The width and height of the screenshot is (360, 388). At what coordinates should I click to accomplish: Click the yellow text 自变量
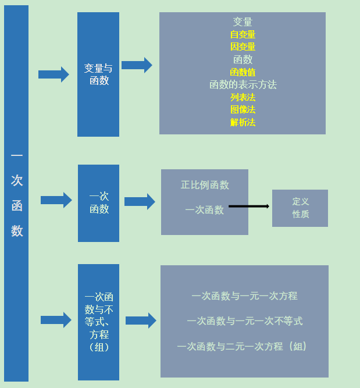click(x=243, y=34)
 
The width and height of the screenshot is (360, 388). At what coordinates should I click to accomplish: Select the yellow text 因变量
click(x=243, y=47)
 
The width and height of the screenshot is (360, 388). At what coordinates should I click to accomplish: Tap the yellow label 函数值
click(x=243, y=72)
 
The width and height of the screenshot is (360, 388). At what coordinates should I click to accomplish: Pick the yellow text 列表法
click(x=243, y=97)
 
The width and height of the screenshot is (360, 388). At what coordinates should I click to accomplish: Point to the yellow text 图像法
click(x=243, y=109)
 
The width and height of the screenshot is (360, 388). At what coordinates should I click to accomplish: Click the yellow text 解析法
click(x=243, y=122)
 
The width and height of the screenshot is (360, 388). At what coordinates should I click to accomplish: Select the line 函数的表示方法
click(x=243, y=84)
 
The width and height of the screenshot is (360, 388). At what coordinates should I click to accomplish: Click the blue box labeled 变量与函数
click(x=98, y=74)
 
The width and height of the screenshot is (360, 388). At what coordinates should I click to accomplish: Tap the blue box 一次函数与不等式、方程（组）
click(x=98, y=322)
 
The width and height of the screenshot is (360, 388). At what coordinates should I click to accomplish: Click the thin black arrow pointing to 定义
click(x=249, y=206)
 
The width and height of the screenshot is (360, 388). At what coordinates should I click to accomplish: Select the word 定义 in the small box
click(x=300, y=201)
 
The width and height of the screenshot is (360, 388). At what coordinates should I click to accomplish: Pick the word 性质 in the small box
click(x=300, y=214)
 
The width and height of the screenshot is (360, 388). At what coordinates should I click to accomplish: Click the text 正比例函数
click(x=205, y=185)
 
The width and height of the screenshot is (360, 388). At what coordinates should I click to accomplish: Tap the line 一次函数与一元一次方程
click(x=244, y=296)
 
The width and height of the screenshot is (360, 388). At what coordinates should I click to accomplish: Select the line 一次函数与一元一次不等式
click(x=244, y=321)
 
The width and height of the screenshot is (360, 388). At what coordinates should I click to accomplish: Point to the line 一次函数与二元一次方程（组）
click(x=244, y=346)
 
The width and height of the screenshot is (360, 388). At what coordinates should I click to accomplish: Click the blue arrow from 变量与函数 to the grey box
click(x=137, y=65)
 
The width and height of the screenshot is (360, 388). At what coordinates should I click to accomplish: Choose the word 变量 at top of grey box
click(x=243, y=22)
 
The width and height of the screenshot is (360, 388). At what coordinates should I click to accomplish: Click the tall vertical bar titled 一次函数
click(x=16, y=194)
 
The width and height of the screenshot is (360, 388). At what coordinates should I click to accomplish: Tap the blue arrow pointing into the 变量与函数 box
click(x=54, y=74)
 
